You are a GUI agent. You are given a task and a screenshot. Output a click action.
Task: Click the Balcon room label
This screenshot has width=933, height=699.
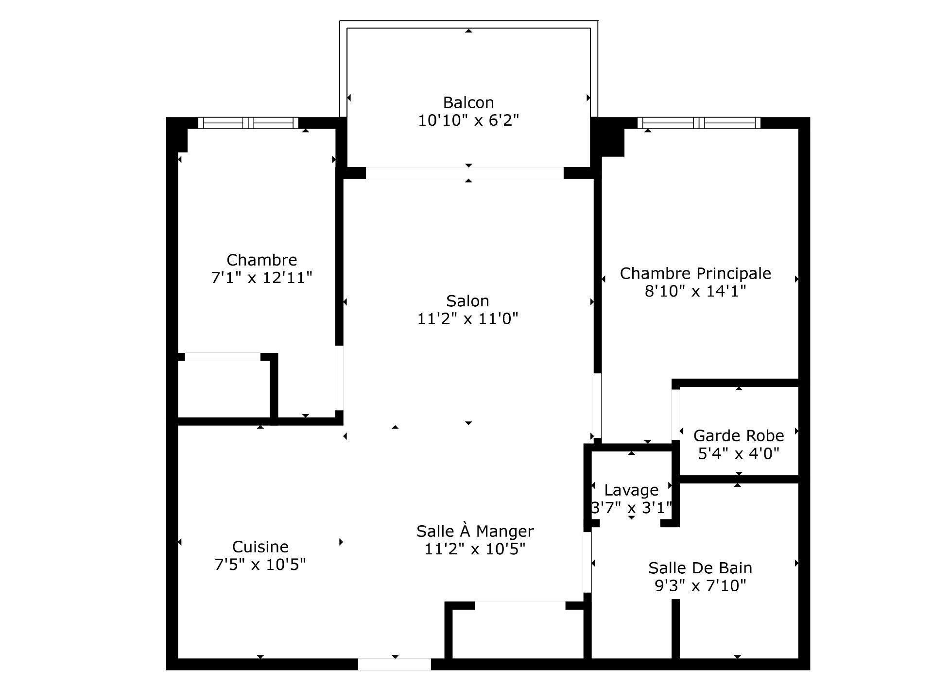click(x=468, y=102)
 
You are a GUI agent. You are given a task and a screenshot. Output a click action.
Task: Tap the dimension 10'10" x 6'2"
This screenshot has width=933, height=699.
click(x=468, y=120)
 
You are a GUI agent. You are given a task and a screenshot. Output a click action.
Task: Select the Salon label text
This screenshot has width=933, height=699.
click(x=467, y=301)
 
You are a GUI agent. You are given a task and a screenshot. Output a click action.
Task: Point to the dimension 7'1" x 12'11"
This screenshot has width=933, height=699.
click(x=261, y=278)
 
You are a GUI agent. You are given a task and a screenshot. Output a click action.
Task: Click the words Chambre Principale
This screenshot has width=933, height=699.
click(x=695, y=273)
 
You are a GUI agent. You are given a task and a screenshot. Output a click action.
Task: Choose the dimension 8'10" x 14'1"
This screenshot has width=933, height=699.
click(x=695, y=291)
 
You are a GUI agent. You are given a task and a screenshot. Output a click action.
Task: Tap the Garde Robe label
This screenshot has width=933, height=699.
click(x=738, y=435)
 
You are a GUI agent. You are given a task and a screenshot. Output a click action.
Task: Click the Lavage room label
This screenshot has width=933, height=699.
click(x=631, y=490)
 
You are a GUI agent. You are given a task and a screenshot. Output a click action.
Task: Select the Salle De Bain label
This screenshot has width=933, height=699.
click(x=700, y=567)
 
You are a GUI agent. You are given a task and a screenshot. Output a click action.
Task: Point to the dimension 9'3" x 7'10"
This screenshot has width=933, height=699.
click(x=700, y=586)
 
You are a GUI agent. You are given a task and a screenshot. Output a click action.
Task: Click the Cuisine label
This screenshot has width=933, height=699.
click(x=260, y=547)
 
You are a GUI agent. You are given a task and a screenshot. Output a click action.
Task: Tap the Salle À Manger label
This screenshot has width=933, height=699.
click(x=475, y=531)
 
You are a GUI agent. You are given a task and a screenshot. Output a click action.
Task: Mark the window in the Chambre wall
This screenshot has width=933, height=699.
click(x=248, y=123)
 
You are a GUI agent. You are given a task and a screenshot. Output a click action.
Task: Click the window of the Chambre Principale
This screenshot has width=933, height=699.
click(x=699, y=123)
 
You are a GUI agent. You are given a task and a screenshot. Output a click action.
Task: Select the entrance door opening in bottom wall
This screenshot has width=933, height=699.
click(x=394, y=664)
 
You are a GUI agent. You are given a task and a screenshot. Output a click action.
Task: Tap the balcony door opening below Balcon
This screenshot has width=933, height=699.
click(x=465, y=173)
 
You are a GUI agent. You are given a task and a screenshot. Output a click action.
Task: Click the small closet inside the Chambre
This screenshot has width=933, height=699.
click(x=224, y=388)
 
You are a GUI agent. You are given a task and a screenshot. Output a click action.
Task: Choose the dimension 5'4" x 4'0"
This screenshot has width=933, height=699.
click(x=738, y=454)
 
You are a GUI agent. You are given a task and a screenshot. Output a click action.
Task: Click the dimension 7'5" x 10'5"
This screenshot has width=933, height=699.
click(x=260, y=565)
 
